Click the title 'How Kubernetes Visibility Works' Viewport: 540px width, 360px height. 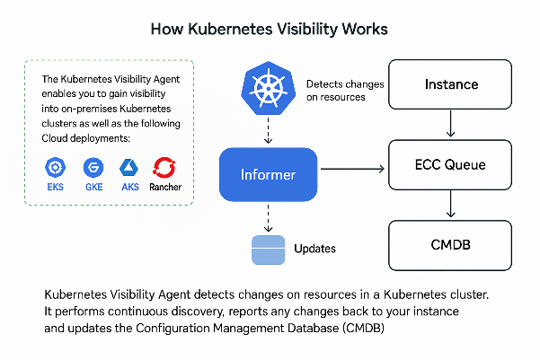point(270,30)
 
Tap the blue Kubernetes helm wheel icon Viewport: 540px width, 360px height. point(269,88)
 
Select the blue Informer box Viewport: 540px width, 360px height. point(269,173)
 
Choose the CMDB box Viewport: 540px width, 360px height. point(449,244)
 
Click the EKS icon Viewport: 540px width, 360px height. point(57,168)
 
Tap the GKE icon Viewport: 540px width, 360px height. point(92,168)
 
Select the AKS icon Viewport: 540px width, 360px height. point(129,168)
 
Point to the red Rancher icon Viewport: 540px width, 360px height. point(165,167)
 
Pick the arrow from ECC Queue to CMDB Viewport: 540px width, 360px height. point(449,206)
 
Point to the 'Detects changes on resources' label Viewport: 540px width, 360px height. point(345,90)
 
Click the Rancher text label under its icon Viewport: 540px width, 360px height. point(165,188)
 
